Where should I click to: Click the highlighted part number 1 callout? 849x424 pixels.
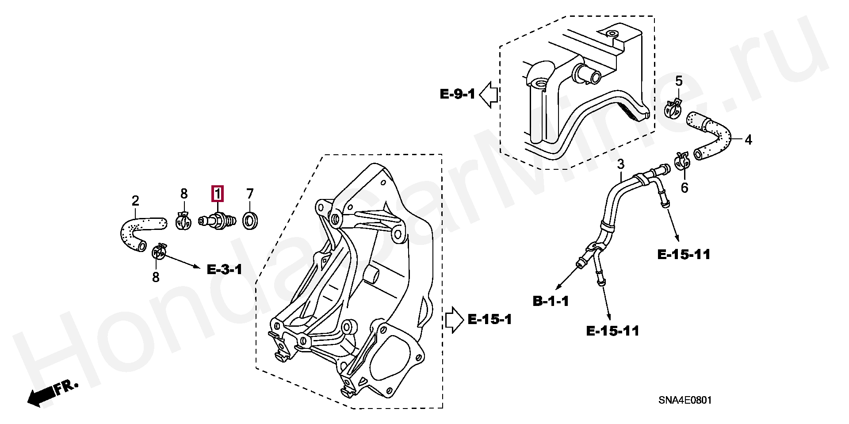pyautogui.click(x=218, y=194)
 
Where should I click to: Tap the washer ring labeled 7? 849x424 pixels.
pyautogui.click(x=251, y=220)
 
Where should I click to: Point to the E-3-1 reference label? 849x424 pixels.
pyautogui.click(x=225, y=269)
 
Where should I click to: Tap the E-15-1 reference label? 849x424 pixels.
pyautogui.click(x=490, y=319)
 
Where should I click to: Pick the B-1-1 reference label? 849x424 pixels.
pyautogui.click(x=551, y=302)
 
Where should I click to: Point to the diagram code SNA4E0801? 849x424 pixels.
pyautogui.click(x=685, y=401)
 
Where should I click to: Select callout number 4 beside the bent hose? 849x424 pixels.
pyautogui.click(x=748, y=140)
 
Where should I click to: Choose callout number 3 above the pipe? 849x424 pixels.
pyautogui.click(x=620, y=164)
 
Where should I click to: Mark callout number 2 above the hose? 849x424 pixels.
pyautogui.click(x=135, y=201)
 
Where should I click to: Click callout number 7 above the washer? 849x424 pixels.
pyautogui.click(x=250, y=194)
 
